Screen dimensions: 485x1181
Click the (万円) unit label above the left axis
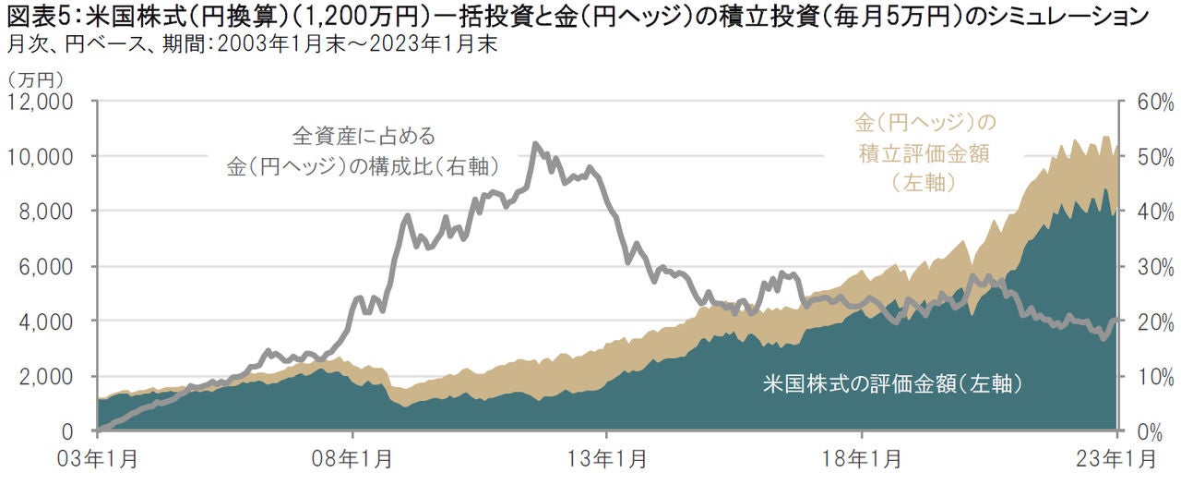click(34, 78)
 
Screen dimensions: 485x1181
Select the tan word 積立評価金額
click(923, 153)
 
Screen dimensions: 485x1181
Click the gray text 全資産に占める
click(364, 136)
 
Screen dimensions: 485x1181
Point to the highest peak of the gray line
click(536, 144)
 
